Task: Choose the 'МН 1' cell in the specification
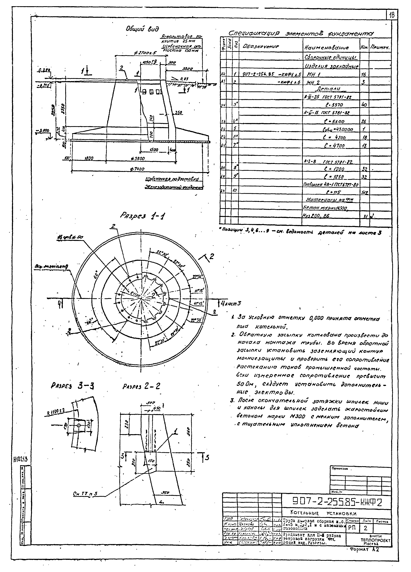[x=314, y=75]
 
